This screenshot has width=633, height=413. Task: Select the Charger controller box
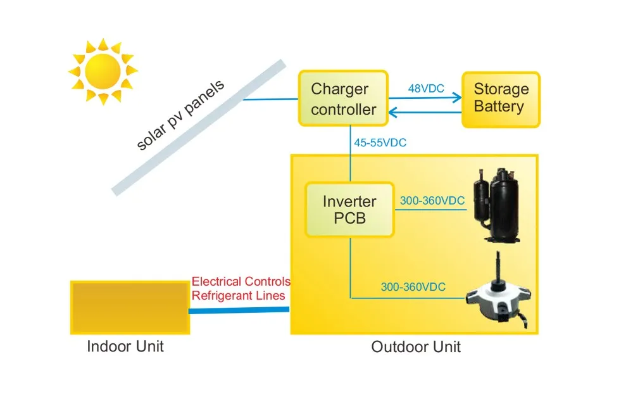[343, 99]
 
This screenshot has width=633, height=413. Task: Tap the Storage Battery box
[501, 99]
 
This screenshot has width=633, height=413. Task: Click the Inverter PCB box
[349, 210]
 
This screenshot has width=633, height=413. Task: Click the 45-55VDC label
[380, 143]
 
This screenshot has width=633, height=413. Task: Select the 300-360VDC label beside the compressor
[432, 201]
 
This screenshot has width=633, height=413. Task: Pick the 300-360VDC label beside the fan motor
[413, 287]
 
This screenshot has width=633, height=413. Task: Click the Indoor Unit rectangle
[130, 307]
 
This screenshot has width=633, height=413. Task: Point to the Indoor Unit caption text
[125, 346]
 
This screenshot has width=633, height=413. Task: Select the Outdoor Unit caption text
[416, 347]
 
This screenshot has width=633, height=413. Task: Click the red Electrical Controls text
[241, 281]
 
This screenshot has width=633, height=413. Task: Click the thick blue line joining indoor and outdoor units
[239, 310]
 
